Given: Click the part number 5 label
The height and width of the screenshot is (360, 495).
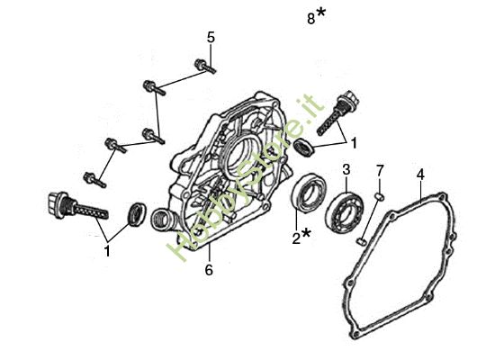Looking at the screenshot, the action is click(211, 37).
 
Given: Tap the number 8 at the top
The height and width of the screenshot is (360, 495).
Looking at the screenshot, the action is click(311, 19).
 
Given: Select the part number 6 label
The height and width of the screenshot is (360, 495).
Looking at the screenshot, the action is click(209, 270).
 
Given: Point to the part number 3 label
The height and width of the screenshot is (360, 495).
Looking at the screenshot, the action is click(346, 170).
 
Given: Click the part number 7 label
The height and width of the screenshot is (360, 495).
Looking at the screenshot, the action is click(380, 171).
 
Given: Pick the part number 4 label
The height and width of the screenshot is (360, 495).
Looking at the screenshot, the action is click(420, 175).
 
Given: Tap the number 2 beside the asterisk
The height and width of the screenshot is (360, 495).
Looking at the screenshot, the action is click(296, 238).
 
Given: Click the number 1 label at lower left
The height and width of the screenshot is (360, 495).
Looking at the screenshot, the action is click(108, 252).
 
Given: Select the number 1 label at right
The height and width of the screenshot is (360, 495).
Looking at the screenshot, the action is click(354, 143).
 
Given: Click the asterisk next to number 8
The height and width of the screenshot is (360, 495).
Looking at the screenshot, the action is click(321, 13).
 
